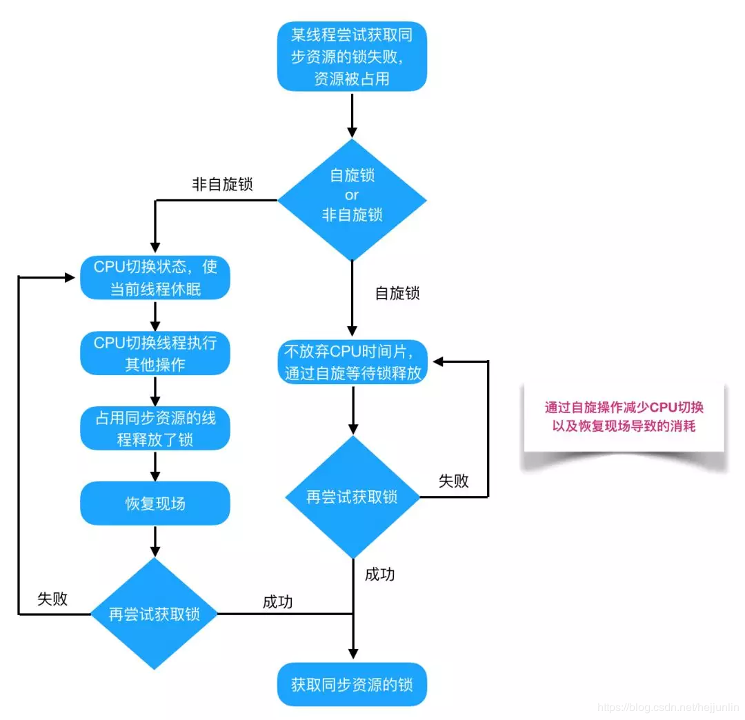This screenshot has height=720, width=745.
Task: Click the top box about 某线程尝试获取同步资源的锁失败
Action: pos(352,57)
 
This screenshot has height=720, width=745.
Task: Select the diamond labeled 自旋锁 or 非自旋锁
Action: pos(352,196)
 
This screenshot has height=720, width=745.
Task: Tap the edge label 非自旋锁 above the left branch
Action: pos(222,185)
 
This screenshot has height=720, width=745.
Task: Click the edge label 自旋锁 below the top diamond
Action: pos(397,292)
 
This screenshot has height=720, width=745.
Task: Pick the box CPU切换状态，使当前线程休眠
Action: pos(155,278)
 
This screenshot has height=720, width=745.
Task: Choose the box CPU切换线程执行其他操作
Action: pos(155,354)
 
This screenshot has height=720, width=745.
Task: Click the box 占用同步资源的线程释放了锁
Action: pos(155,428)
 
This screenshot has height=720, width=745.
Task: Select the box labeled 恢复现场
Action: pos(155,503)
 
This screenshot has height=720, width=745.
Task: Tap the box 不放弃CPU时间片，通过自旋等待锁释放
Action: pos(352,362)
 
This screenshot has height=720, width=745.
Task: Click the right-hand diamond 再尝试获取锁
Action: pos(352,497)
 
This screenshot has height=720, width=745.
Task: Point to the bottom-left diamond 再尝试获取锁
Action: pos(155,613)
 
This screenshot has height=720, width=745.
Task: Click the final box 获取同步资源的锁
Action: pos(352,685)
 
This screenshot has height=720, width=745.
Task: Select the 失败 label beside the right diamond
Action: pos(454,481)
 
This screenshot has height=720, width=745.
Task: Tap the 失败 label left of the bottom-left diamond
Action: pos(52,599)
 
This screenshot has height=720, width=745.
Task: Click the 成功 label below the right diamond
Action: pos(379,574)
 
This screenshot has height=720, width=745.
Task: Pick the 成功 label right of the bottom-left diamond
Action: pos(277,601)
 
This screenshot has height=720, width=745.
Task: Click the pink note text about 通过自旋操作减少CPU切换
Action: pos(624,417)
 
